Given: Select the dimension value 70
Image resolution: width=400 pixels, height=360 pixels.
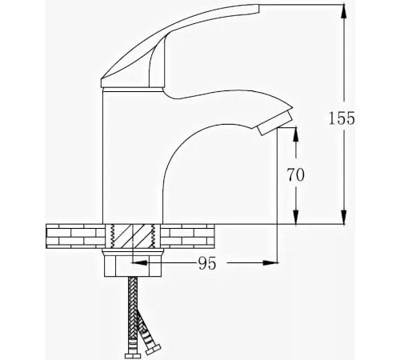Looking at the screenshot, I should pyautogui.click(x=296, y=174).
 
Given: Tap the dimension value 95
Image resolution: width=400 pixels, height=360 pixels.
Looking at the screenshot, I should pyautogui.click(x=206, y=262).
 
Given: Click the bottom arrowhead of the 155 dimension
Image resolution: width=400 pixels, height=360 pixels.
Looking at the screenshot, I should pyautogui.click(x=344, y=219).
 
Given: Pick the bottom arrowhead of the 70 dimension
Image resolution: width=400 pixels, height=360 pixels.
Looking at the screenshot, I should pyautogui.click(x=296, y=219).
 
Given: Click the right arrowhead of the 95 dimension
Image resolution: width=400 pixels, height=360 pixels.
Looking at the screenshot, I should pyautogui.click(x=271, y=262).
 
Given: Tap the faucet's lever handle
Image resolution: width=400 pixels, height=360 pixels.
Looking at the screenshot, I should pyautogui.click(x=176, y=48).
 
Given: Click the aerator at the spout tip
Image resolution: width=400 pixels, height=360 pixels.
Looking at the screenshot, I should pyautogui.click(x=274, y=122).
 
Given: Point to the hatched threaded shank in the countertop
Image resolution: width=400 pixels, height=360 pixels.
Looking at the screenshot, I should pyautogui.click(x=134, y=237).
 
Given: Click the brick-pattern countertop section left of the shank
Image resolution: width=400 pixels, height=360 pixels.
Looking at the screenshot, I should pyautogui.click(x=73, y=237).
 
